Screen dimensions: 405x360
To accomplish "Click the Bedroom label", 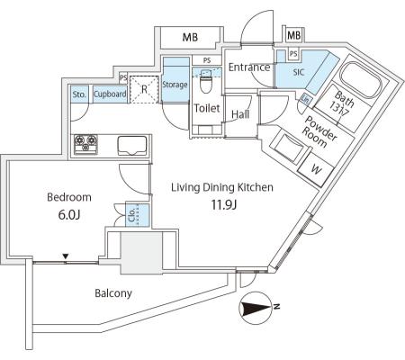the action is click(x=69, y=197).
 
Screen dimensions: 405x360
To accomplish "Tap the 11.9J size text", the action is click(x=224, y=205).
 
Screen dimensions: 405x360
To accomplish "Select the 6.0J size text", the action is click(x=69, y=215).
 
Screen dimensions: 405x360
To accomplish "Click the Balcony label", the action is click(x=113, y=293).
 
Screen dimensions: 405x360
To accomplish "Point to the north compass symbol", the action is click(x=256, y=308).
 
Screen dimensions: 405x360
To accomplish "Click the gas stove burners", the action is click(x=85, y=144).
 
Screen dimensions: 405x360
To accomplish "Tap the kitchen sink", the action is click(x=132, y=146).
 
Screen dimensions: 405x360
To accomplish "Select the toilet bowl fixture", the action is click(x=206, y=82).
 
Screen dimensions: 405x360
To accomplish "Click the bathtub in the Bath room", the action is click(x=361, y=78).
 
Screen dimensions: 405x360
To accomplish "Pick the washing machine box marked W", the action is click(x=315, y=170).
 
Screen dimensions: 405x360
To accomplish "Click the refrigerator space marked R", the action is click(x=144, y=89).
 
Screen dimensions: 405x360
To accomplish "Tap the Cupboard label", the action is click(x=110, y=94).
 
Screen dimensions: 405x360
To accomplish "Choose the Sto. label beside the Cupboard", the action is click(x=79, y=94).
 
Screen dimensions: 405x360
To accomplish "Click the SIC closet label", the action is click(x=299, y=72).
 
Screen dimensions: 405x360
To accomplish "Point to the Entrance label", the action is click(x=249, y=67).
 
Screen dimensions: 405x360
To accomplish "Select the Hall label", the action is click(x=240, y=114).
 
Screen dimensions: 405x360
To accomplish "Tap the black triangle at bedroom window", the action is click(x=66, y=256).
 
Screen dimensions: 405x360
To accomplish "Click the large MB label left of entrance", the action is click(x=190, y=38).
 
